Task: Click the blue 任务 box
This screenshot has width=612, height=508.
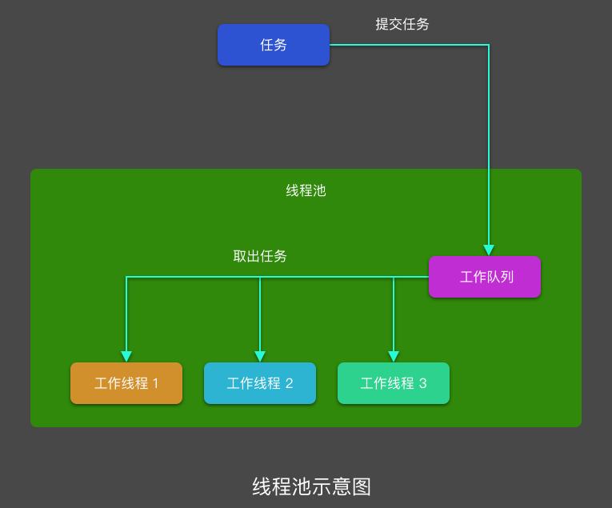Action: click(274, 45)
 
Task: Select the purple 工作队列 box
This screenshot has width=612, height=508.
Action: click(485, 277)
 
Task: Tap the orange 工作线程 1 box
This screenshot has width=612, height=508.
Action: click(126, 383)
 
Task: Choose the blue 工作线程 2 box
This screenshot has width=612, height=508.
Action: click(260, 383)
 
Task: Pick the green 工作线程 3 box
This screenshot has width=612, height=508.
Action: click(394, 383)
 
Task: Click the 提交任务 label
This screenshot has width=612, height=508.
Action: click(402, 24)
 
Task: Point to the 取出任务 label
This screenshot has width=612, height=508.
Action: click(260, 256)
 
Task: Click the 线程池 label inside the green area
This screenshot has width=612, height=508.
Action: click(306, 190)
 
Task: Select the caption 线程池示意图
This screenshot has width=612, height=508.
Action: click(312, 486)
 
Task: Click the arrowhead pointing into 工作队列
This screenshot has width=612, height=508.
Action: click(489, 250)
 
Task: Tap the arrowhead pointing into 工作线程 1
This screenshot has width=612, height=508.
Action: click(126, 357)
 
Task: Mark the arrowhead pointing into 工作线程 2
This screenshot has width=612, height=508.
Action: click(260, 357)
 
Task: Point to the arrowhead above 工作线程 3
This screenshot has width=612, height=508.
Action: click(394, 357)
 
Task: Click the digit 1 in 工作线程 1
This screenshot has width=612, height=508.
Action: click(155, 383)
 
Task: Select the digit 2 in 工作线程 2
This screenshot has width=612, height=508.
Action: click(289, 383)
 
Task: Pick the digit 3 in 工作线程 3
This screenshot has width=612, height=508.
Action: click(422, 383)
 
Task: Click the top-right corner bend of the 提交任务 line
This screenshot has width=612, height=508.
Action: click(489, 45)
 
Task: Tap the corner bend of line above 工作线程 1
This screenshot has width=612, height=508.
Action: click(126, 277)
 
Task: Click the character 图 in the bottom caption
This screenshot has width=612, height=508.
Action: click(362, 486)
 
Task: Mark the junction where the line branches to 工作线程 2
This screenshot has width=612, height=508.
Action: click(260, 277)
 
